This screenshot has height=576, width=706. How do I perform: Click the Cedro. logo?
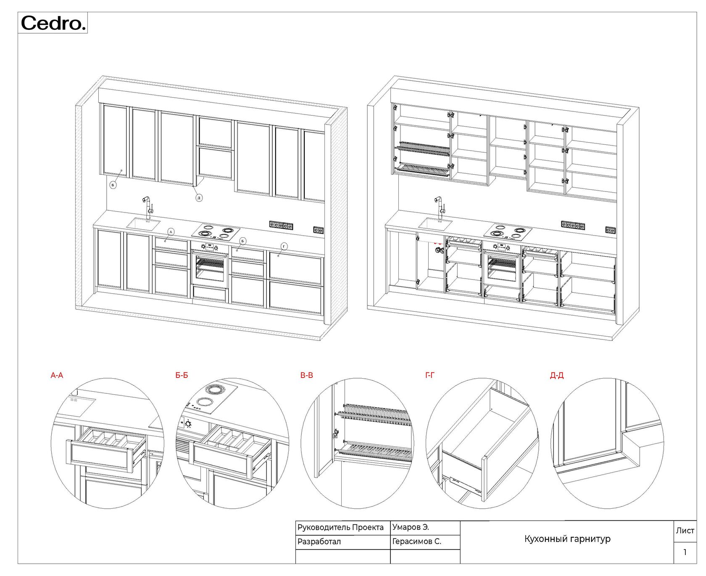coord(53,23)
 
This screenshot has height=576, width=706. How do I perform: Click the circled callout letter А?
coord(171,232)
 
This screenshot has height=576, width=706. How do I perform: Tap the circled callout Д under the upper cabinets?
coord(199,198)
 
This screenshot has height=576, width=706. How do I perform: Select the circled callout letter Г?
coord(284,246)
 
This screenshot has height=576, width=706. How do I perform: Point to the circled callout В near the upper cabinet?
coord(113,185)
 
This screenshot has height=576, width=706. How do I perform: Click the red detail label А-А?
coord(57,375)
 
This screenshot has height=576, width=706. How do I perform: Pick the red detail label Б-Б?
coord(182,375)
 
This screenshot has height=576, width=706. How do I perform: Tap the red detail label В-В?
coord(307,375)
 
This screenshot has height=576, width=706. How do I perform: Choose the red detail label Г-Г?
coord(430,375)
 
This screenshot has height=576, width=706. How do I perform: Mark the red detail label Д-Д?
coord(557,375)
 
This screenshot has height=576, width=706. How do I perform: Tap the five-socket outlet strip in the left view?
coord(281,226)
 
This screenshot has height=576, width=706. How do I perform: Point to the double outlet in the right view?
coord(611,230)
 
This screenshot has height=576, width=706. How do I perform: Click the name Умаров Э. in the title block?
coord(411,527)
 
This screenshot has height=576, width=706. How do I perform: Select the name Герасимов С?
coord(416,541)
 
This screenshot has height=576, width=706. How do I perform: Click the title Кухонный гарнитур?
coord(567,539)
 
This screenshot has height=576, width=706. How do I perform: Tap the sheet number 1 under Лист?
coord(685,552)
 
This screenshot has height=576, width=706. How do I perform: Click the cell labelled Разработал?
coord(319,541)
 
